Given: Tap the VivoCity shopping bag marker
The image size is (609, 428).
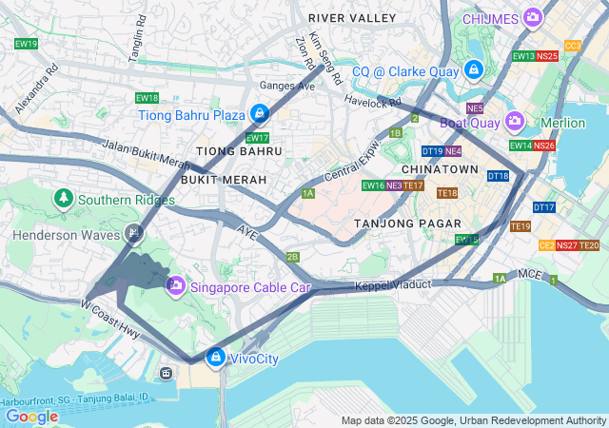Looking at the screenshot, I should tap(216, 358).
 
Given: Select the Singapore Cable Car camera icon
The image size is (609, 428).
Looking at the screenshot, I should tap(175, 286).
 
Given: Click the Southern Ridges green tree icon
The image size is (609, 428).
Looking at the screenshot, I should tap(64, 199).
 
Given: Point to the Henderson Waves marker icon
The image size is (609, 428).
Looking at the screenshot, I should tap(135, 233).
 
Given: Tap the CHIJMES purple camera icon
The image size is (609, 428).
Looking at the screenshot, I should tap(532, 17).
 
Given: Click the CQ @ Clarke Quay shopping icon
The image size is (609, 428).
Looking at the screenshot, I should tap(473, 70).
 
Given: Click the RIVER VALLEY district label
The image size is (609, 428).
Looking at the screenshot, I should tap(352, 18).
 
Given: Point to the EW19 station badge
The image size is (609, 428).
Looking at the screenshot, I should tap(27, 44).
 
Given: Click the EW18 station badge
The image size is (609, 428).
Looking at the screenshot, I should tap(147, 97).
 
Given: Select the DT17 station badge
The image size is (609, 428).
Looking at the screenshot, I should tap(543, 206).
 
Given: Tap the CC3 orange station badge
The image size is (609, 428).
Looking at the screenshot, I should tap(573, 45).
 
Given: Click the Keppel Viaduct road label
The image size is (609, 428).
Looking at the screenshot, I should tap(393, 285).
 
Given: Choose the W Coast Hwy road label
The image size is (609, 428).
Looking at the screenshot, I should tap(110, 320).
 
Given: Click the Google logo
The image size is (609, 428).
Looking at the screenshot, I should tap(32, 416).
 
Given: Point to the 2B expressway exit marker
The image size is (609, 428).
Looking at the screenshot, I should tap(293, 257).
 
